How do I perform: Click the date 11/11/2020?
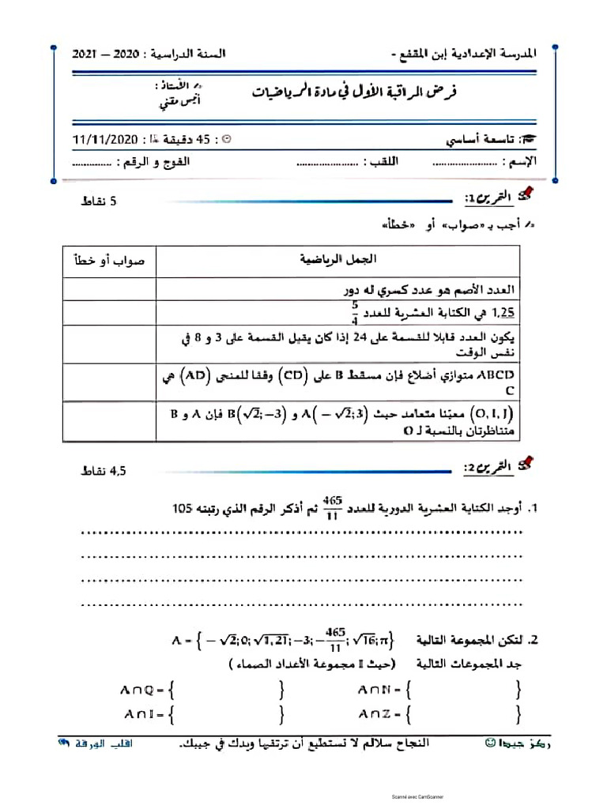105,140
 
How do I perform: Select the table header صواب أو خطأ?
109,260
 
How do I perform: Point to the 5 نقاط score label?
98,201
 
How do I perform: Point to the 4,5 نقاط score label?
103,472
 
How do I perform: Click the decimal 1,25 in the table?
503,313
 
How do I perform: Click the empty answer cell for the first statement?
109,288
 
